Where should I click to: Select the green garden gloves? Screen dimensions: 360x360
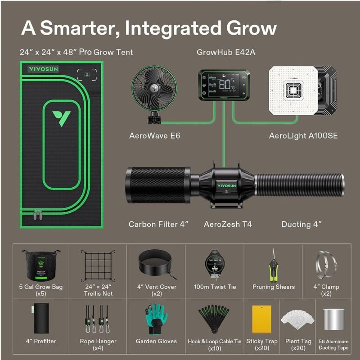pos(157,319)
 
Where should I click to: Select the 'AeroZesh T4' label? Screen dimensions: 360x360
pos(228,224)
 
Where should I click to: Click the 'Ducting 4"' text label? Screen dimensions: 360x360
pos(301,224)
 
